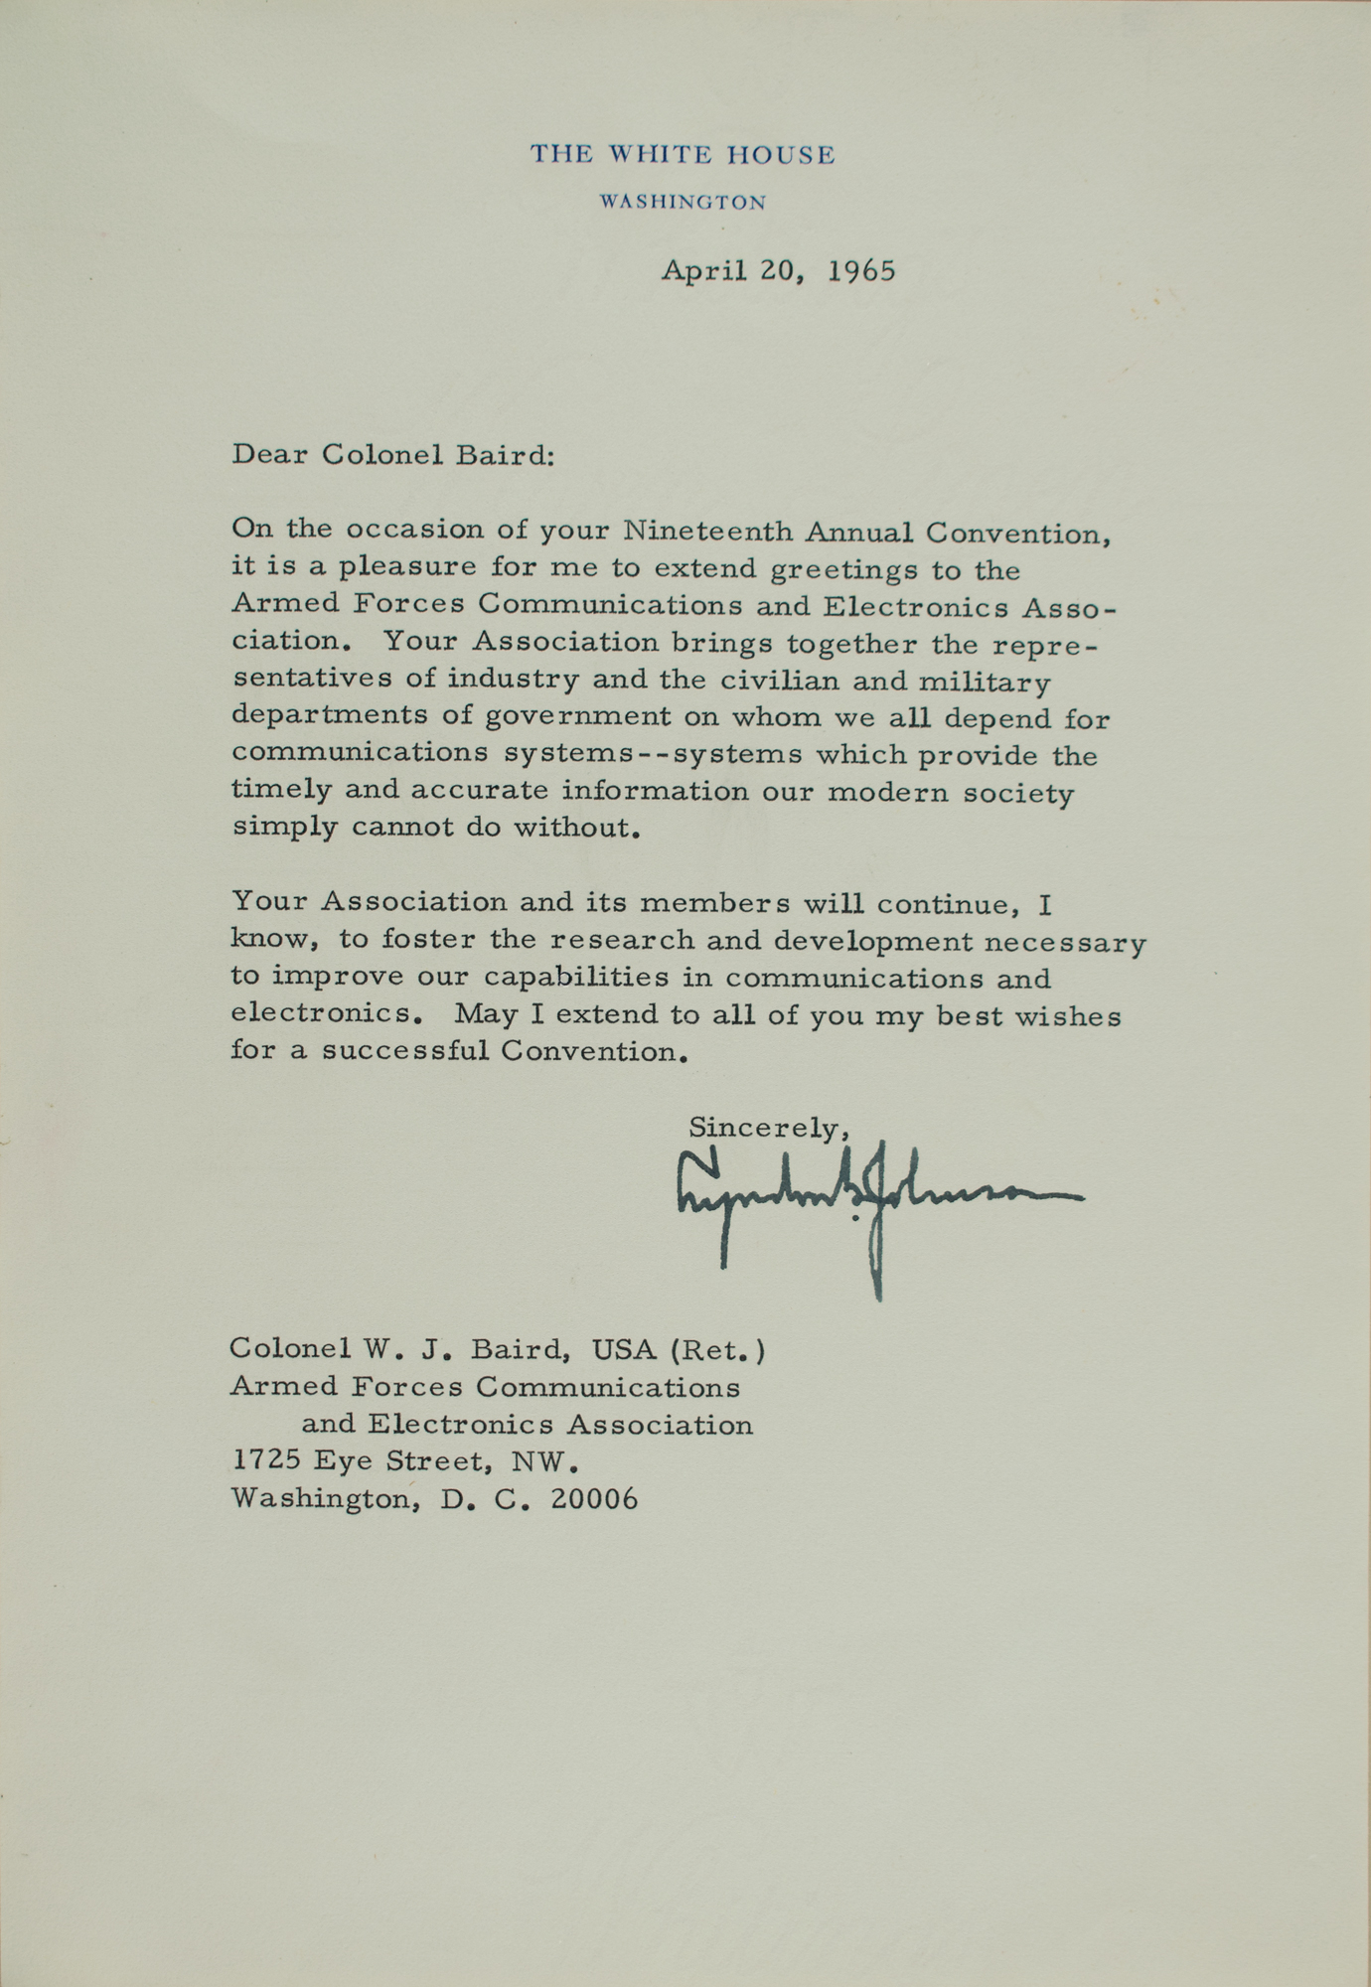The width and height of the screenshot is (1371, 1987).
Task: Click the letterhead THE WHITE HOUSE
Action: [683, 155]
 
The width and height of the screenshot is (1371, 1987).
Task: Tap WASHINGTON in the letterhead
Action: [683, 203]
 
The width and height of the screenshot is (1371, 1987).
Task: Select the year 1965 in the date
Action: [861, 271]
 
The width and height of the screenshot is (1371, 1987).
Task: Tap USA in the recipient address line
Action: [625, 1349]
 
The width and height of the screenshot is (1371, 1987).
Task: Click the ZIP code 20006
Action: [594, 1498]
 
